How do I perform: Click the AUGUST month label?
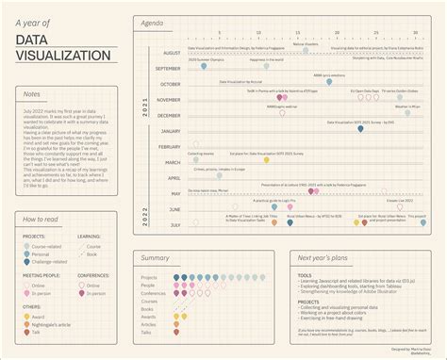166,54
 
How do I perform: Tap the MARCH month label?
170,162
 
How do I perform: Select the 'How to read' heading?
39,219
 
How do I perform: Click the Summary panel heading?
155,256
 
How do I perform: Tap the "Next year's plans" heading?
324,256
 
